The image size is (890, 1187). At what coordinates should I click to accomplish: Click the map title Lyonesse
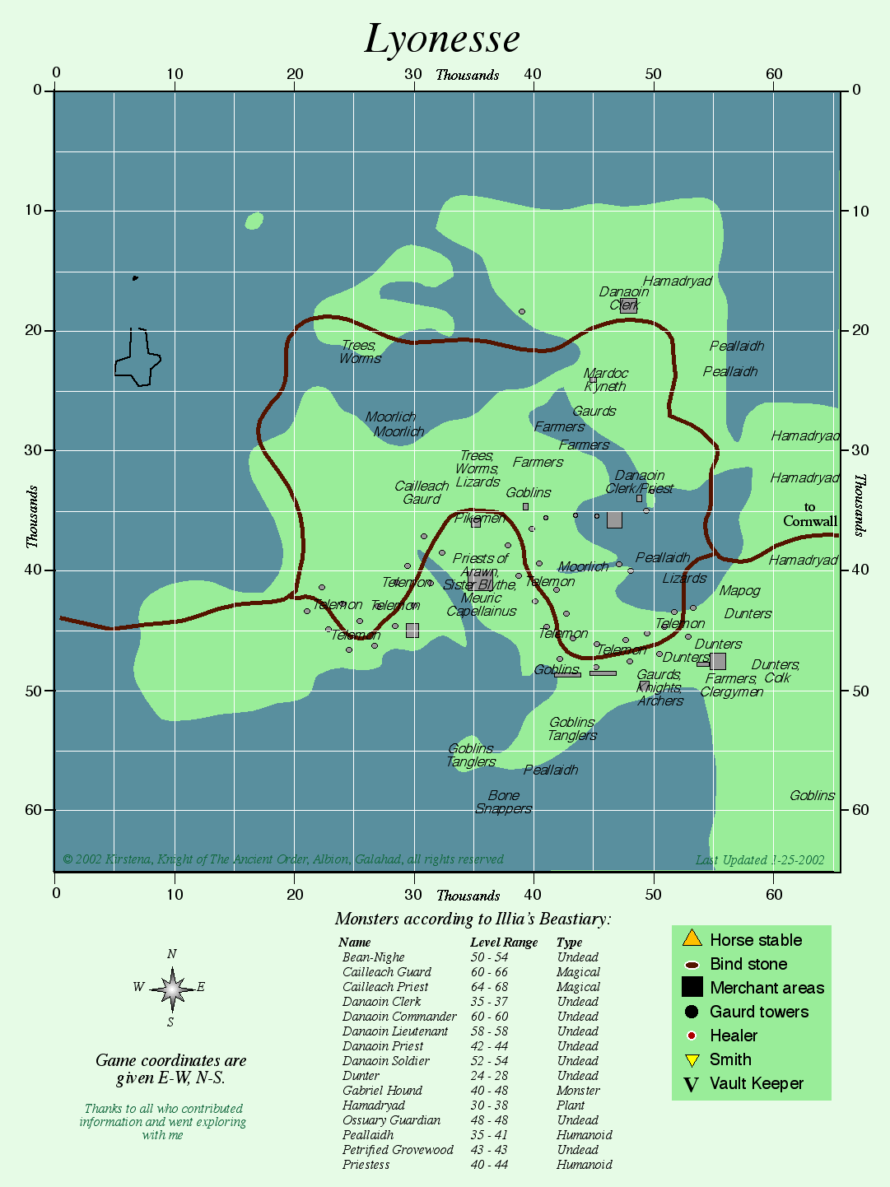click(442, 39)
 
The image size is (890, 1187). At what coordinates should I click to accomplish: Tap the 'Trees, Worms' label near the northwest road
click(360, 352)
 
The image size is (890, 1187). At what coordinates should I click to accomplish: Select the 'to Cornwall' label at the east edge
click(810, 514)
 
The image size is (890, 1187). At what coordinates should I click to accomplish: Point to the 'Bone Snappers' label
click(504, 802)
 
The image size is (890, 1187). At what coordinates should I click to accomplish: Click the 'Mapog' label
click(739, 590)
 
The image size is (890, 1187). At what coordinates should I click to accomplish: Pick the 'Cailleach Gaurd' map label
click(422, 492)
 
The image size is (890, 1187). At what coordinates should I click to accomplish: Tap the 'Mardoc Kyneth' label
click(606, 379)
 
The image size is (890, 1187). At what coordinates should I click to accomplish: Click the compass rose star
click(172, 988)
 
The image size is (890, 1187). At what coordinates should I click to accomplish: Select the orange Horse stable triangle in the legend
click(692, 938)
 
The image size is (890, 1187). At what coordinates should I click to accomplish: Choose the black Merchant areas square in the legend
click(692, 987)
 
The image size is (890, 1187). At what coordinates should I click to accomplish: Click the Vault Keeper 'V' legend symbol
click(692, 1085)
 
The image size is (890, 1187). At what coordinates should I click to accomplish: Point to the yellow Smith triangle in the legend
click(692, 1060)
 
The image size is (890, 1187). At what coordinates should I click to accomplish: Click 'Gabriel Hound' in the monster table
click(382, 1091)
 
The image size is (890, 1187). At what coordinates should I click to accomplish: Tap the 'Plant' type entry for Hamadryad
click(570, 1106)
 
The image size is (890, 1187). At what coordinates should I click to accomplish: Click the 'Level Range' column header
click(504, 943)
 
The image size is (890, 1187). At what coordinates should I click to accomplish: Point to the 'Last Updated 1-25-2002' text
click(760, 860)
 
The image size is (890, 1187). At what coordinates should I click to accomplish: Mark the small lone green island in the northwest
click(254, 221)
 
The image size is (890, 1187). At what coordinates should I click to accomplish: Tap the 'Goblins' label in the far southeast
click(812, 795)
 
